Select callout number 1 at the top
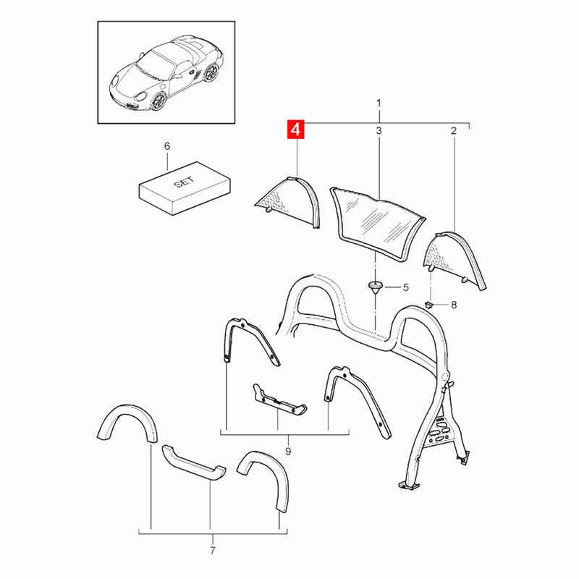click(x=379, y=104)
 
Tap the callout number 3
click(x=379, y=131)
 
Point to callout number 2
click(x=454, y=131)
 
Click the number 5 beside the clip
click(x=405, y=287)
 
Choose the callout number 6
click(x=166, y=146)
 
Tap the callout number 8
click(x=454, y=305)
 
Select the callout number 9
click(x=288, y=452)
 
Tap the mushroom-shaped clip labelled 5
click(x=376, y=287)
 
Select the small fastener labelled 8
click(x=431, y=305)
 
